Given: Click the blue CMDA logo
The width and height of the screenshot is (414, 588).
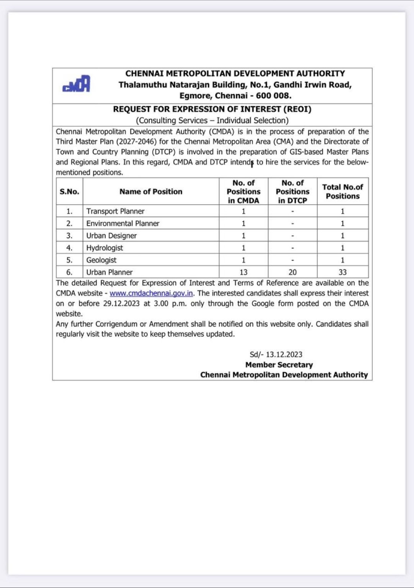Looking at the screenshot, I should [x=76, y=84].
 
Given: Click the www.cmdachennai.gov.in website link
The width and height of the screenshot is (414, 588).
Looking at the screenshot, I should [x=151, y=293].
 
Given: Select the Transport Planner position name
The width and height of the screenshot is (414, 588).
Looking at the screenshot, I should [x=115, y=211].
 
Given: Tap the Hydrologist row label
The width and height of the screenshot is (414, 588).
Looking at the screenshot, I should [x=105, y=248].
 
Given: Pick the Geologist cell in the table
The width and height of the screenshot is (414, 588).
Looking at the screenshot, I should [x=101, y=260].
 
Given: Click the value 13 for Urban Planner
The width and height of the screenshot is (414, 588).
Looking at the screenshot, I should [x=243, y=272].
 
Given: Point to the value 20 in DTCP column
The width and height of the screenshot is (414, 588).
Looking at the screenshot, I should [x=293, y=272].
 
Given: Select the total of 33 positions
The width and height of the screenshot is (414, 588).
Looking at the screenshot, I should [x=342, y=272].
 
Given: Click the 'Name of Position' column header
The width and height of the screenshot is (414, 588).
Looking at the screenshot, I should [x=151, y=191].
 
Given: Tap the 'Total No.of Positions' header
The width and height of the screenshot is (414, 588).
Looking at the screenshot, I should [x=342, y=191].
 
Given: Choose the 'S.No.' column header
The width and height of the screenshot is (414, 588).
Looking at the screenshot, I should [x=69, y=191].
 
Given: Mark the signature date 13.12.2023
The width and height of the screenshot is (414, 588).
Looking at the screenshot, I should [x=284, y=354].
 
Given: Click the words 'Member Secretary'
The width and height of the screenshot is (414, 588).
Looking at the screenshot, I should [x=279, y=365].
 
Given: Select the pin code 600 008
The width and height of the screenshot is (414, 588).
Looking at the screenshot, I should [x=273, y=95].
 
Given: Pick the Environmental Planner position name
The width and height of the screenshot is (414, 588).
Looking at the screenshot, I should [x=123, y=223].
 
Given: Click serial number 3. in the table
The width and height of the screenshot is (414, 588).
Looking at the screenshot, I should [x=69, y=235].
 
